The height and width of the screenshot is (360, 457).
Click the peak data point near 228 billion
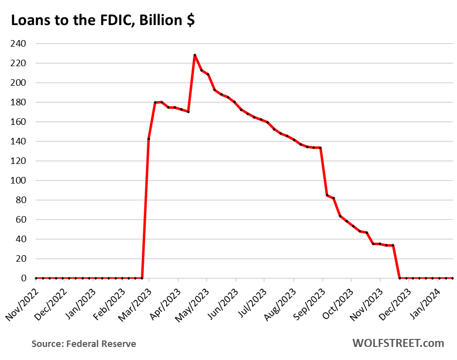(x=194, y=55)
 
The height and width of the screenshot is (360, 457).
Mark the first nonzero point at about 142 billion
(x=149, y=139)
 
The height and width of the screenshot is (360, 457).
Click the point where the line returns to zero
(x=399, y=278)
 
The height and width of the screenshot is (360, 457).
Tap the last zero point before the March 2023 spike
(x=142, y=278)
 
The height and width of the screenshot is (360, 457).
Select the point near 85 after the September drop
(x=327, y=195)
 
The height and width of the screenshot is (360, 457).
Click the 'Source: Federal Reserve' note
(x=84, y=344)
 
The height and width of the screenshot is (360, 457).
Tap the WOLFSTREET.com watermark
(x=398, y=343)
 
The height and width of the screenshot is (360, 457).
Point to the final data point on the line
(x=452, y=278)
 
